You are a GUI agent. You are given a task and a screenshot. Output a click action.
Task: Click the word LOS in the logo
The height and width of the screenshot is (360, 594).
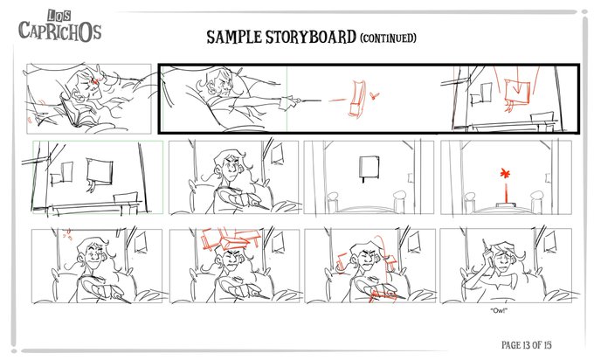pos(59,17)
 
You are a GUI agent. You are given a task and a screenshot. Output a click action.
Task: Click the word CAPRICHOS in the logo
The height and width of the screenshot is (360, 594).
pos(60,31)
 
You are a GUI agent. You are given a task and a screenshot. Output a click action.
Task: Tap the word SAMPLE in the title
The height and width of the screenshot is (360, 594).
pos(234,38)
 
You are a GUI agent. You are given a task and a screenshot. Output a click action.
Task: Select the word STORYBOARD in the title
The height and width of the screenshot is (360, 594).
pos(311,37)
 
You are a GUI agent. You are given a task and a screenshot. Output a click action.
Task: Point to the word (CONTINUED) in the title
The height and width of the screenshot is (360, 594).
pos(388,38)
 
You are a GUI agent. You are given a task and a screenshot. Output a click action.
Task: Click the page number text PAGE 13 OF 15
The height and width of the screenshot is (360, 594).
pos(526,345)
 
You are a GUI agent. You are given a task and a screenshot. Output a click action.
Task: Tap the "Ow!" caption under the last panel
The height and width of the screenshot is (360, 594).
pos(498,311)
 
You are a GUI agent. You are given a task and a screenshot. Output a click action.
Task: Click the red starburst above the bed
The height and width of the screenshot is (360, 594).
pos(505,174)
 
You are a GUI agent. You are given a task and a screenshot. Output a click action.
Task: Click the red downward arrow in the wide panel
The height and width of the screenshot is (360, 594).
pos(517,87)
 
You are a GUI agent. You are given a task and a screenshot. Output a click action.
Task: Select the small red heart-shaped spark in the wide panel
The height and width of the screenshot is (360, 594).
pos(375,95)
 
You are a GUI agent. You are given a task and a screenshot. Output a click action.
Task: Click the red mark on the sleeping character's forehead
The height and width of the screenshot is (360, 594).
pos(95,81)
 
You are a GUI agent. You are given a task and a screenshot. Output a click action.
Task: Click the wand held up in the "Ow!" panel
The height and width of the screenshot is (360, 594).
pos(487,248)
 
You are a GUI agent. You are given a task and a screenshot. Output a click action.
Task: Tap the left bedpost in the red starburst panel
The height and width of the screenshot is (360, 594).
pos(470,203)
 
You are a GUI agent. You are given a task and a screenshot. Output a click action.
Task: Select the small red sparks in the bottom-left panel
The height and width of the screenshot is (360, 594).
pos(67,234)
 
